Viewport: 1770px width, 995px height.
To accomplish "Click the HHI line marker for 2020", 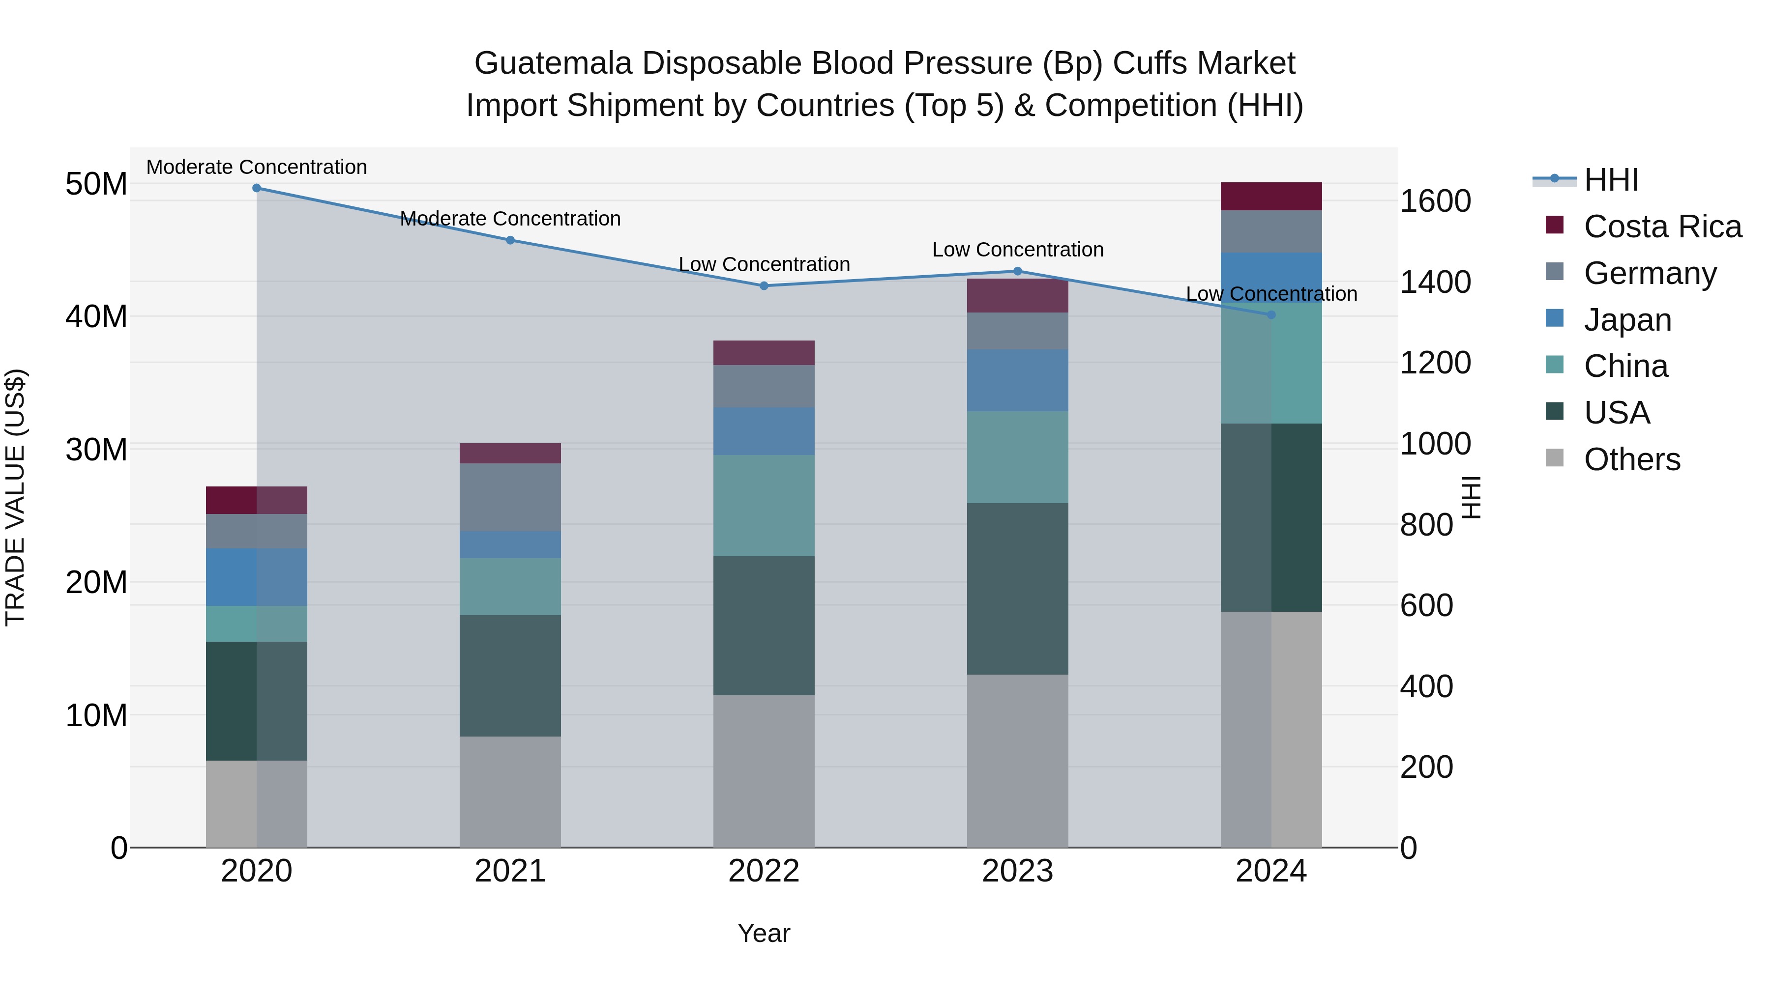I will point(256,188).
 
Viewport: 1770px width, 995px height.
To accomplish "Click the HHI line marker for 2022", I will point(764,285).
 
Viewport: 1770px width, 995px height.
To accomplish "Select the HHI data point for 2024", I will point(1270,314).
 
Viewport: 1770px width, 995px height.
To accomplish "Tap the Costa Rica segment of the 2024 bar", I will point(1270,197).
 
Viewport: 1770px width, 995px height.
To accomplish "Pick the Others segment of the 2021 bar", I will point(510,792).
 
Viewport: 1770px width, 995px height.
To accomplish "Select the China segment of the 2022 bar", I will point(764,506).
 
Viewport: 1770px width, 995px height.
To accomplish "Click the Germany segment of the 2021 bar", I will point(510,497).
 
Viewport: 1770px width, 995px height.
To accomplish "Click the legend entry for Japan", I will point(1627,320).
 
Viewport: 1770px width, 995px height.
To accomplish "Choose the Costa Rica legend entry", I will point(1661,227).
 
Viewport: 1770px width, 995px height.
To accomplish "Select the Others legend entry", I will point(1631,459).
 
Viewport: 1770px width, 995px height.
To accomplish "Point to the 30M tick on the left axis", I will point(96,450).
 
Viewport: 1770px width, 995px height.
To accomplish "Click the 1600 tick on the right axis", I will point(1435,201).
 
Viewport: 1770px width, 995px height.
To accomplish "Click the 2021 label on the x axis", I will point(510,871).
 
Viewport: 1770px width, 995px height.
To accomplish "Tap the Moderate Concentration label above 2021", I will point(510,218).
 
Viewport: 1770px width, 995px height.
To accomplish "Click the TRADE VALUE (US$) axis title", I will point(15,497).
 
